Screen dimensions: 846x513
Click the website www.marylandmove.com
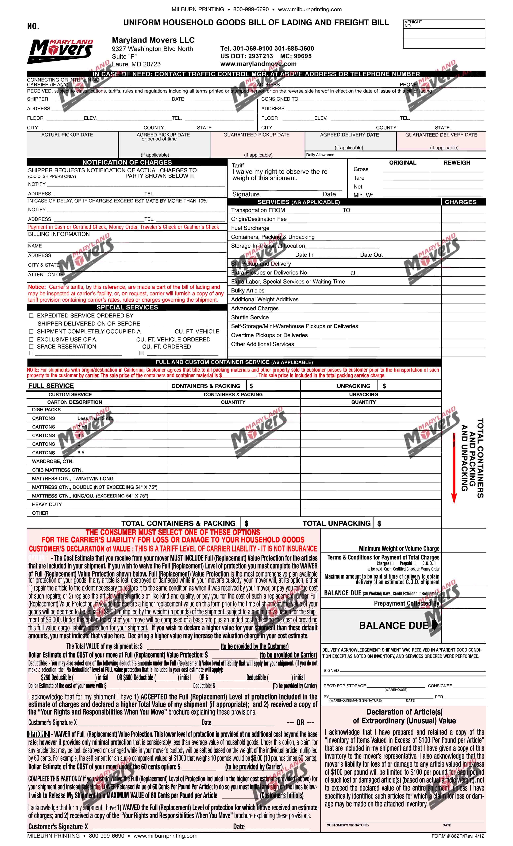tap(258, 64)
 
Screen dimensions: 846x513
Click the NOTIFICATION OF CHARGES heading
tap(127, 162)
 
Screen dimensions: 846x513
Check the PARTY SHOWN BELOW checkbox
tap(192, 176)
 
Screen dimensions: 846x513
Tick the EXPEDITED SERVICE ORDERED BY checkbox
tap(31, 315)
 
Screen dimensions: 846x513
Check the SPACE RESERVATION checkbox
tap(31, 347)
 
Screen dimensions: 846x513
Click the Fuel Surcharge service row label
tap(250, 228)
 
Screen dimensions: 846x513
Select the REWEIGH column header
tap(456, 163)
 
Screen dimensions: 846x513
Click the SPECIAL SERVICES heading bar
tap(127, 307)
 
